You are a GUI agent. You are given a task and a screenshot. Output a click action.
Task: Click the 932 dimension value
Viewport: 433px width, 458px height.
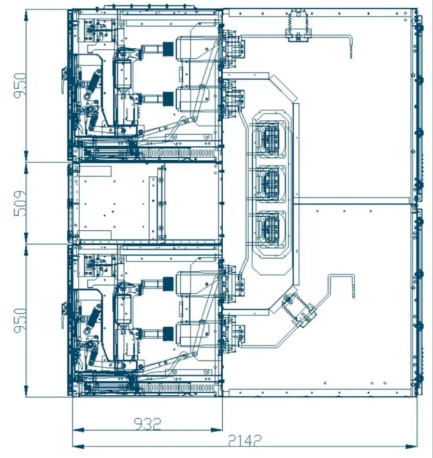[x=147, y=424]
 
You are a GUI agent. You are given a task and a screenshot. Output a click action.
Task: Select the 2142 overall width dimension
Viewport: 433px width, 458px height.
[x=244, y=440]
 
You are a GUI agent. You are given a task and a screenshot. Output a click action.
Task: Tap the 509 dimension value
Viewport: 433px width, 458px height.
[x=20, y=203]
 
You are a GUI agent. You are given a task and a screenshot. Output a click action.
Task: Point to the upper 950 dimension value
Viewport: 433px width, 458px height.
[x=20, y=86]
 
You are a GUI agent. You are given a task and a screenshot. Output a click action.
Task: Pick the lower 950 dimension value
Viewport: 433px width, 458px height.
[x=20, y=321]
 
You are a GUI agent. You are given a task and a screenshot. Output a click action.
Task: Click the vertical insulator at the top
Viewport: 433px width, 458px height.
[x=298, y=25]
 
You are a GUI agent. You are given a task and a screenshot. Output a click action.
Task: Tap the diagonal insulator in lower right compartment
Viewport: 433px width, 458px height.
[x=299, y=311]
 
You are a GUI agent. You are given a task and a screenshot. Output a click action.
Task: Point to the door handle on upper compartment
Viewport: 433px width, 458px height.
[x=64, y=80]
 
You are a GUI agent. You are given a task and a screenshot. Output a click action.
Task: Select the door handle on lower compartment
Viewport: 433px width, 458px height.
[x=64, y=315]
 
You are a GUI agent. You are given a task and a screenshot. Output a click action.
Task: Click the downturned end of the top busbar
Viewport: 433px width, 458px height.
[x=351, y=47]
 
